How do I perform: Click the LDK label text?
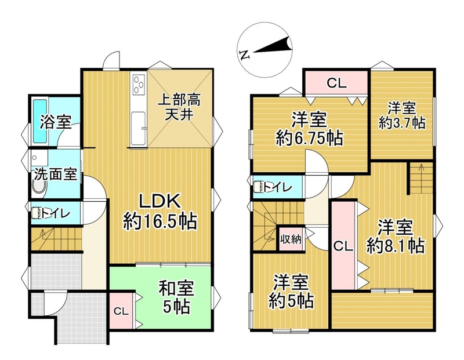[159, 202]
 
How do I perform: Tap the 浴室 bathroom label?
[56, 122]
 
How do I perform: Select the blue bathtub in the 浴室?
[40, 121]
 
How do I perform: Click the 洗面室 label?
[55, 174]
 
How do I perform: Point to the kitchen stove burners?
[138, 84]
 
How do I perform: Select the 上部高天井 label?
[179, 108]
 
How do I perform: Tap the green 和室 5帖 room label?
[176, 297]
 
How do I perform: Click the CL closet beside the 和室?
[121, 311]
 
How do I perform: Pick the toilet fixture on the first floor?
[37, 213]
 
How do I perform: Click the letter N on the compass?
[245, 55]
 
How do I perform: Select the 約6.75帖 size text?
[309, 137]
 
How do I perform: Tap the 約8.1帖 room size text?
[396, 246]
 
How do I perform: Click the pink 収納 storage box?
[292, 239]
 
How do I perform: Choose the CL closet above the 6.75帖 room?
[336, 83]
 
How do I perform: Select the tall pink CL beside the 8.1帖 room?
[343, 246]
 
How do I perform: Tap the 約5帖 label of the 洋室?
[291, 301]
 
